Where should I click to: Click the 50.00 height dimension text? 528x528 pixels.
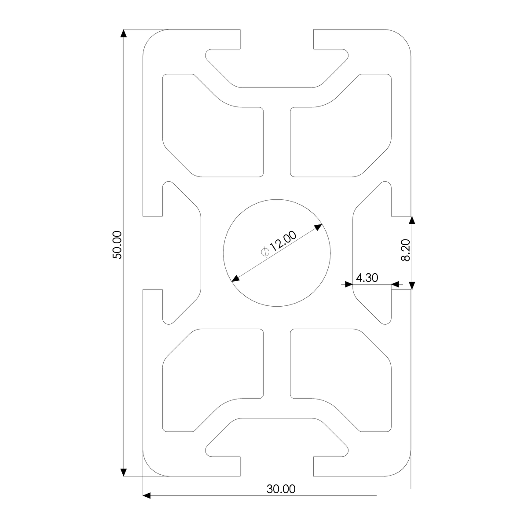tap(117, 245)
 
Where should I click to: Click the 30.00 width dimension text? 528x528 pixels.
tap(281, 489)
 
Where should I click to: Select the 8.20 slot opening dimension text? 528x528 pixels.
tap(406, 250)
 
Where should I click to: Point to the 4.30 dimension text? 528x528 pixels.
tap(367, 278)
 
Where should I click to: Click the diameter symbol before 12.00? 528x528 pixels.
tap(265, 252)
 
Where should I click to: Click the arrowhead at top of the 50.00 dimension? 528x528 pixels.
tap(124, 33)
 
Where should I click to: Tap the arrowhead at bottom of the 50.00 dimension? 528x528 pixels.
tap(124, 472)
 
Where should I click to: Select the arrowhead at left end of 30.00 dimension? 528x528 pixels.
tap(147, 495)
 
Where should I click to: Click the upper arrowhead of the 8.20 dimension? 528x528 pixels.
tap(412, 220)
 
